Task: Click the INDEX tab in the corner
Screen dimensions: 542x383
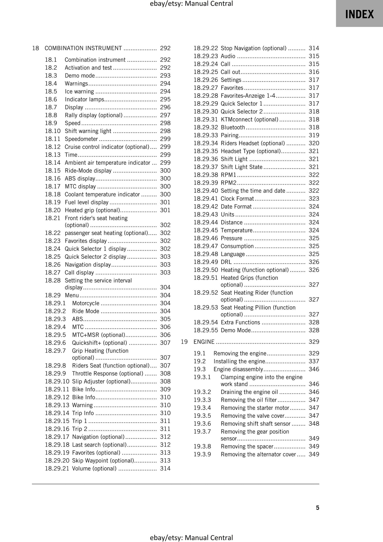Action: click(x=359, y=14)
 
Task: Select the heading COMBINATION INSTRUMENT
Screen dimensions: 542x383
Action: click(x=83, y=48)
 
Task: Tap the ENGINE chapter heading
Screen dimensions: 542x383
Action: click(x=204, y=342)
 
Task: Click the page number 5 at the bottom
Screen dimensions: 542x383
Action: click(x=318, y=508)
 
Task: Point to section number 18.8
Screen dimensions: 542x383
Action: click(x=51, y=115)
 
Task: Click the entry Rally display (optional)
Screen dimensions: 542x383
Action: click(x=94, y=115)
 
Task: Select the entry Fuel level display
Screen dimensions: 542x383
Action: click(x=86, y=202)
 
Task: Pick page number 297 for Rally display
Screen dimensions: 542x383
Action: click(x=165, y=115)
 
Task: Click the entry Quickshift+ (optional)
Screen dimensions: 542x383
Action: click(x=99, y=343)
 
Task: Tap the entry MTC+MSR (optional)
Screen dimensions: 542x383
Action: click(x=98, y=335)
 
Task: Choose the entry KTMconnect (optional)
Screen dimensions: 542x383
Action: click(x=249, y=120)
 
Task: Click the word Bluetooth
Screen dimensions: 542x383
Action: click(x=233, y=127)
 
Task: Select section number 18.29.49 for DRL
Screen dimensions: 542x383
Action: click(x=205, y=262)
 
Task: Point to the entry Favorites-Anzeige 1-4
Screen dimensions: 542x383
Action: click(x=248, y=96)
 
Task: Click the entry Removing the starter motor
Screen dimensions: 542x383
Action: click(x=255, y=408)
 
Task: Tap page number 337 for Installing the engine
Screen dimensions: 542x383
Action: click(x=314, y=362)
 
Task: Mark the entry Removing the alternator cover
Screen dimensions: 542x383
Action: click(x=258, y=455)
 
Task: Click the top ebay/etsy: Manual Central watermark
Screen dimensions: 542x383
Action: click(x=191, y=4)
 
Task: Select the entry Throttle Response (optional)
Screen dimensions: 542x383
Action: click(x=108, y=374)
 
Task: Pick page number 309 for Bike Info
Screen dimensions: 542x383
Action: click(x=165, y=389)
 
